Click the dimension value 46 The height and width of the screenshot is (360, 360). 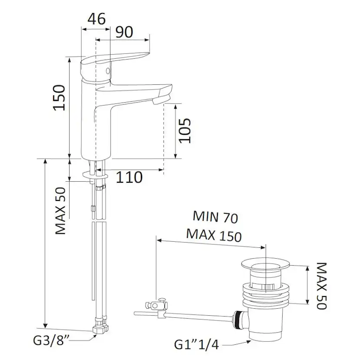97,19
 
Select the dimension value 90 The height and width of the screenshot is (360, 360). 124,32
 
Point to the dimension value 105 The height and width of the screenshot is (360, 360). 185,130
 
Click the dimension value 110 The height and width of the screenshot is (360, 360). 129,177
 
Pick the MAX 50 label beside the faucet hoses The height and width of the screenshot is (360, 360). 60,211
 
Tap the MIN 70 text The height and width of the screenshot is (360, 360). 215,217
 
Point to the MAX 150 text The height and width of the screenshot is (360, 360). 214,235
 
